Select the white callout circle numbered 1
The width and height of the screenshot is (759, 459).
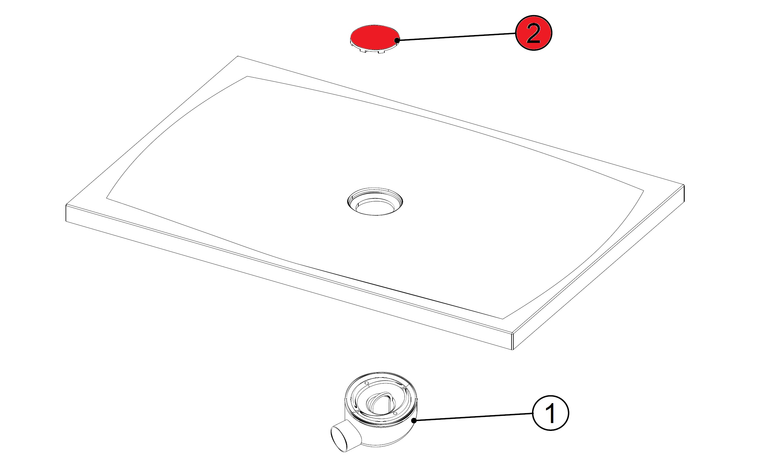click(551, 413)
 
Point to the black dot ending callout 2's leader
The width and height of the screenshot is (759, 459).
click(397, 40)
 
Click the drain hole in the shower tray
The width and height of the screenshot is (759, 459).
click(375, 201)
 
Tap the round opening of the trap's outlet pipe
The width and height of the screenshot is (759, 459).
click(338, 439)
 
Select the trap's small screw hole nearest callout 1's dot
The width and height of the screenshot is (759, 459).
click(395, 413)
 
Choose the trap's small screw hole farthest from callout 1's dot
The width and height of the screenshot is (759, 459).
click(367, 383)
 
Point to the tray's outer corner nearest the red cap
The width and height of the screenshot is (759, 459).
click(238, 56)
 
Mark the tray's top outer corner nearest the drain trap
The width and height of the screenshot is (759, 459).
click(512, 334)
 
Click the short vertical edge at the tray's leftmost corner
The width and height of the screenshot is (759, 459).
click(66, 213)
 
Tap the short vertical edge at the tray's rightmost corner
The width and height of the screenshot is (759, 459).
click(684, 193)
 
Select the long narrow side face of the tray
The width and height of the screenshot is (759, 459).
click(289, 277)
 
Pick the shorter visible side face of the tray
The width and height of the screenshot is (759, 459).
click(598, 267)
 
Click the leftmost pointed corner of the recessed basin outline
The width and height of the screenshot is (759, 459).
click(107, 198)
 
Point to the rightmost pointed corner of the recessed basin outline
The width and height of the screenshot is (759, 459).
click(644, 191)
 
